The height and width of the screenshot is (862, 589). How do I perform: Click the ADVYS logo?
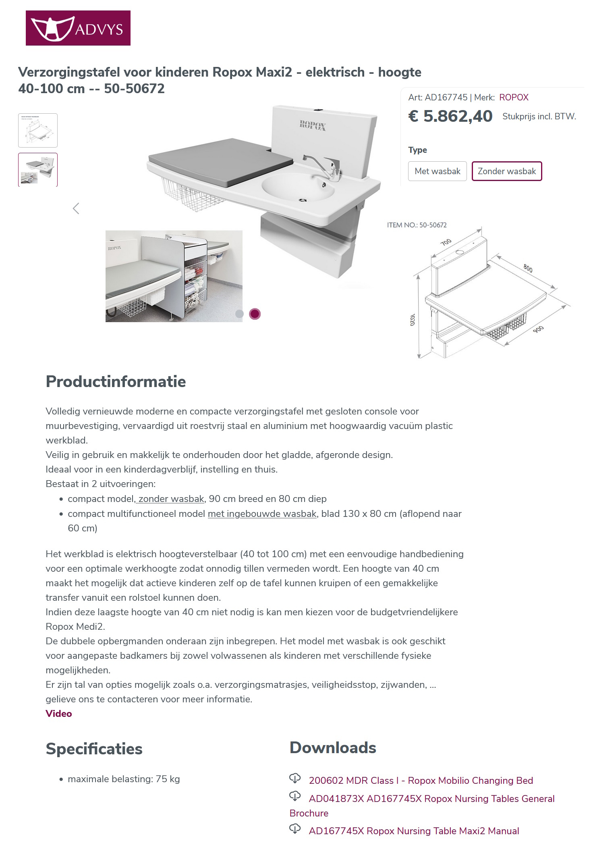[78, 28]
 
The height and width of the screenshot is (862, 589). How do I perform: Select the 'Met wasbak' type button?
[437, 171]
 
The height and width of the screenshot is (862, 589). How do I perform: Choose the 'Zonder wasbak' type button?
[506, 171]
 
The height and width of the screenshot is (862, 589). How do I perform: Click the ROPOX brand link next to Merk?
[513, 97]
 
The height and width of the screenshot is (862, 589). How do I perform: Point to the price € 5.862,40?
[450, 116]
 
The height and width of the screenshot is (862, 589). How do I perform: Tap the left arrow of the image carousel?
[76, 208]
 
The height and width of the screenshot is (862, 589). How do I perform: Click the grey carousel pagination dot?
[239, 314]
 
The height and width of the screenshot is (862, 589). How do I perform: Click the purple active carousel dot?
[255, 314]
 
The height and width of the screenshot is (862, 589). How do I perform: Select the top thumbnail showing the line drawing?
[38, 130]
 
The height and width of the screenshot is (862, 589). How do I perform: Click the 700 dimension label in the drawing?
[446, 242]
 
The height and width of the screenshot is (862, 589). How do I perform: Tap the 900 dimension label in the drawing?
[538, 329]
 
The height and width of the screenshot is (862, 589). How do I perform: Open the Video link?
[59, 713]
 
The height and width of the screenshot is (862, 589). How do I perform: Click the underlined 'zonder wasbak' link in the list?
[171, 499]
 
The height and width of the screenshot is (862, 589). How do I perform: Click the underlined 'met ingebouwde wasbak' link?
[262, 514]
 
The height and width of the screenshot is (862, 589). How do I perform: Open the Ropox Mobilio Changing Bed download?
[421, 780]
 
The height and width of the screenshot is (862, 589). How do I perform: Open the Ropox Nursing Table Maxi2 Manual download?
[414, 831]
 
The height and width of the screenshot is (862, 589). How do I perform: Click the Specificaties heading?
[94, 749]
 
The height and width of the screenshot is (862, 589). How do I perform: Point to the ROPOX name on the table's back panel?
[313, 125]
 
